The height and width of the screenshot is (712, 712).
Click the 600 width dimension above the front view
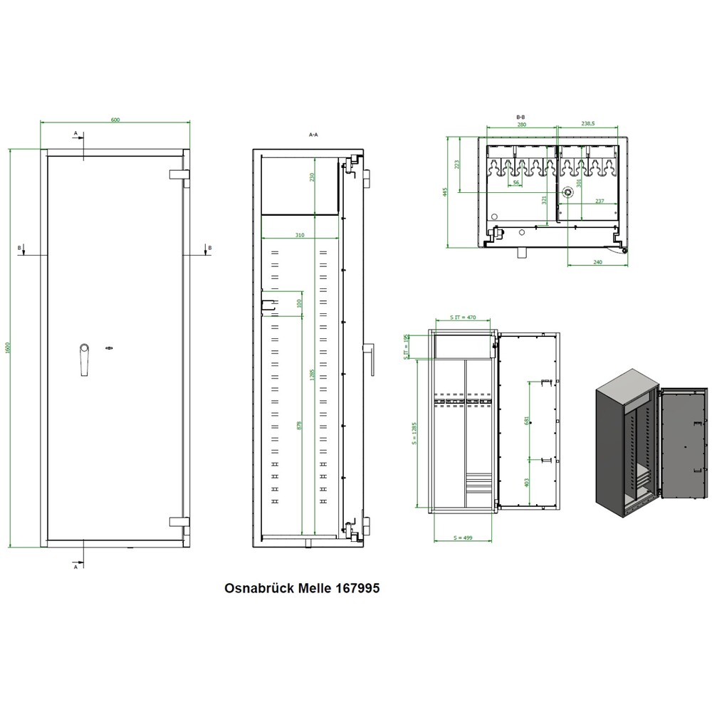pyautogui.click(x=115, y=120)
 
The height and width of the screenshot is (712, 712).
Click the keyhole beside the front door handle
pyautogui.click(x=110, y=347)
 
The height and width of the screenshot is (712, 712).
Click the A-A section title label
pyautogui.click(x=313, y=134)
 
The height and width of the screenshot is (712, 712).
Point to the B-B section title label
pyautogui.click(x=520, y=116)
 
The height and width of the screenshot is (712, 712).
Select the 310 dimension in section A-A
pyautogui.click(x=300, y=234)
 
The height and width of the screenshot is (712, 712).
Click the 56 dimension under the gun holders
pyautogui.click(x=515, y=183)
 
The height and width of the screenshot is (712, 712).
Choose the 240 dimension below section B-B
pyautogui.click(x=597, y=263)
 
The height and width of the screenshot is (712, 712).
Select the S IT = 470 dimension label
pyautogui.click(x=463, y=317)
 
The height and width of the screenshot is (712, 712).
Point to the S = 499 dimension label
pyautogui.click(x=463, y=537)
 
